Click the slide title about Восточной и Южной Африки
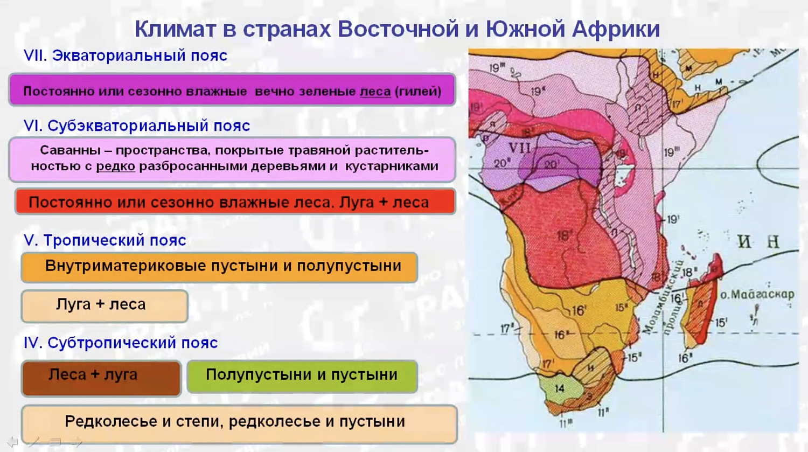[x=397, y=29]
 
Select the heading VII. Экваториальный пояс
[x=126, y=55]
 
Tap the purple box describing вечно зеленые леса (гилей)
[x=232, y=91]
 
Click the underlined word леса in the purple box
[x=375, y=92]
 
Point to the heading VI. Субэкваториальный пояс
[x=137, y=126]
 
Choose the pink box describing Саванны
[x=232, y=159]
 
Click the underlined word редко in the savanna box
[x=115, y=166]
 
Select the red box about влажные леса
[x=235, y=202]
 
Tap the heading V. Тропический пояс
[x=105, y=240]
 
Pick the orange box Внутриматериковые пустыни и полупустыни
[x=220, y=267]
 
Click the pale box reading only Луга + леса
[x=105, y=305]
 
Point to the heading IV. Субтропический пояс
[x=121, y=343]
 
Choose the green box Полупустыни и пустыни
[x=302, y=375]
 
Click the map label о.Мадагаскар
[x=757, y=295]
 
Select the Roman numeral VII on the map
[x=519, y=148]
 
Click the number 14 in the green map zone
[x=560, y=388]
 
